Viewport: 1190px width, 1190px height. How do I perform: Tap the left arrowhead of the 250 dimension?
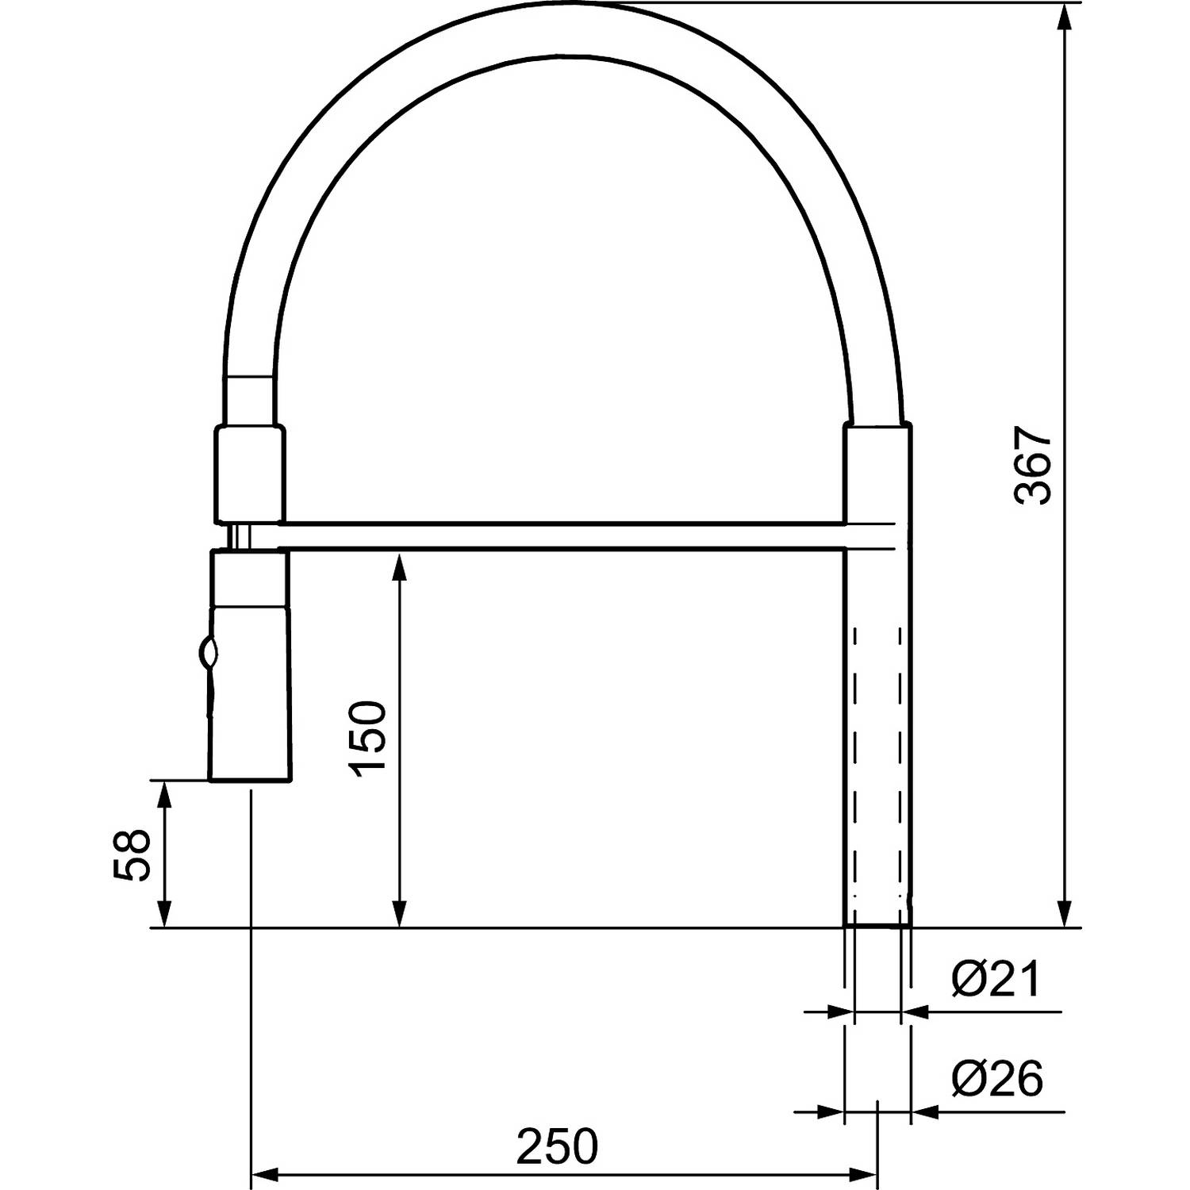[267, 1173]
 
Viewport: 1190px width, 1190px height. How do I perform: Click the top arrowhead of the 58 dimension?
[165, 793]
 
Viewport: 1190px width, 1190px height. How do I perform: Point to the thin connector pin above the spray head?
[239, 536]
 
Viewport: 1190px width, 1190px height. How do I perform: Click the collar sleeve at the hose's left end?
[248, 474]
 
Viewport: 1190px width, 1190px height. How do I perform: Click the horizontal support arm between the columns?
[563, 535]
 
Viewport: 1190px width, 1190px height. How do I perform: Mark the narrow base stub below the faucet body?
[877, 920]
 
